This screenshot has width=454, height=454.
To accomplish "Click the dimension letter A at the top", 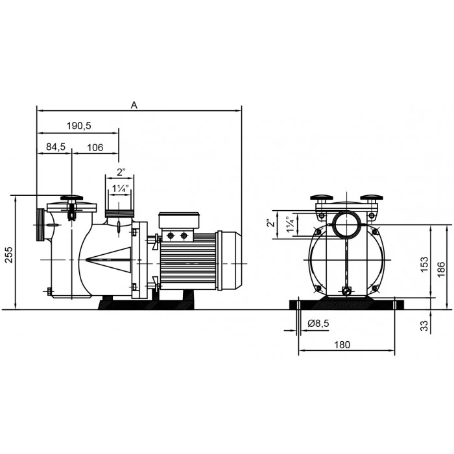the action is coord(134,105).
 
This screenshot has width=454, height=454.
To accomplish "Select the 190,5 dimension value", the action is coord(79,126).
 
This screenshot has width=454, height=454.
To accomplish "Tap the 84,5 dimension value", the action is coord(56,147).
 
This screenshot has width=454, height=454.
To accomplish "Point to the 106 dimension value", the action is coord(95,148).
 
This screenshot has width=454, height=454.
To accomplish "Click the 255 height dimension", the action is coord(9,254).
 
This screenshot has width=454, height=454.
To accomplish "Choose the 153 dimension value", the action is coord(424,265).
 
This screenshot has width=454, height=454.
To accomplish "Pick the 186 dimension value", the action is coord(440,269).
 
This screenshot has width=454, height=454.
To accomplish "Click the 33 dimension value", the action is coord(424,326).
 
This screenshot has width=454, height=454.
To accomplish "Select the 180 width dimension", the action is coord(342,345).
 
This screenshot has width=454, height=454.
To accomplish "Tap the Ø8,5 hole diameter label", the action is coord(318,324).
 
